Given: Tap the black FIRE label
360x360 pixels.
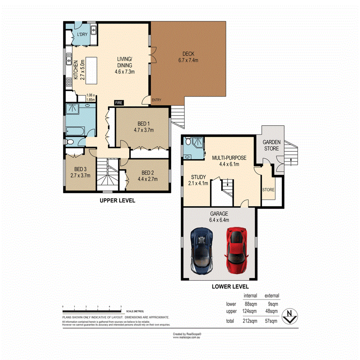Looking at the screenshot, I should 119,103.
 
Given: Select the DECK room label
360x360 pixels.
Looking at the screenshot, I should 187,57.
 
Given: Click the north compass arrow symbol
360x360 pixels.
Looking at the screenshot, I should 289,316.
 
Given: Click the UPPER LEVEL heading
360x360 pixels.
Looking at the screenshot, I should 117,200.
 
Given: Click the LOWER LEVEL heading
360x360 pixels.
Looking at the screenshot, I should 229,287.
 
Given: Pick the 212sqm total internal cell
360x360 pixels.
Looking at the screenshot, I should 250,321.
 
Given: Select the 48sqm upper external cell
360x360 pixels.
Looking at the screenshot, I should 271,311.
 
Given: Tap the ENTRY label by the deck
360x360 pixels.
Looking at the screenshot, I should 156,100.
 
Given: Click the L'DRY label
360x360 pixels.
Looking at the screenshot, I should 82,35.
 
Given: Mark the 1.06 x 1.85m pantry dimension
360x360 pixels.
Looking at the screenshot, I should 91,97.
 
